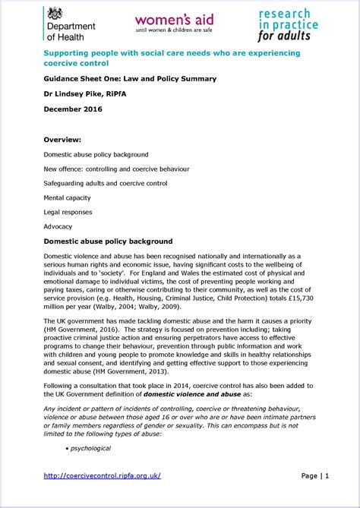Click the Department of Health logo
tap(71, 25)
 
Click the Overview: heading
tap(62, 140)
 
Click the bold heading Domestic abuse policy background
tap(108, 241)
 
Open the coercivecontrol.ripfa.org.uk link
tap(102, 476)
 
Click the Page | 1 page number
tap(314, 476)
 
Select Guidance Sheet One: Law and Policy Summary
tap(130, 78)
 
